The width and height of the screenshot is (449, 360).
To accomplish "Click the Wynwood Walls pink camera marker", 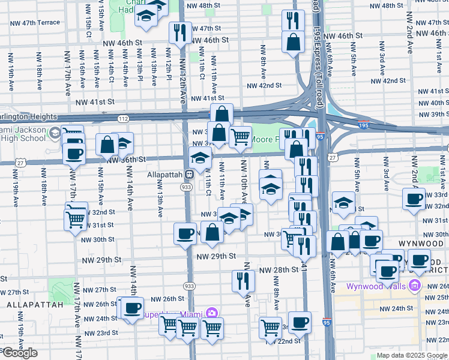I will coord(414,287).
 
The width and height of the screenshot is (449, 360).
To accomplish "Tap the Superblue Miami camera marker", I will coord(211,313).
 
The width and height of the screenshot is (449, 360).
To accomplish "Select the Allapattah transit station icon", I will coord(188,175).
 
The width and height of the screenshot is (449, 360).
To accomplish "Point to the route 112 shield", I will coord(123,119).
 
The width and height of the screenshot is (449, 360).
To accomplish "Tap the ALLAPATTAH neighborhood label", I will coord(35,305).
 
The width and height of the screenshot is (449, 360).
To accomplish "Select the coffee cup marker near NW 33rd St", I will coord(414,199).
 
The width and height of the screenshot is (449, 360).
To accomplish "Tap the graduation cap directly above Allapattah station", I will coord(200,158).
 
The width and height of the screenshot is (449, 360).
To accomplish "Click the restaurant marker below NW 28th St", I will coord(243,280).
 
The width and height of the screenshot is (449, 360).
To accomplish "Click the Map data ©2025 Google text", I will coord(411,355).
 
